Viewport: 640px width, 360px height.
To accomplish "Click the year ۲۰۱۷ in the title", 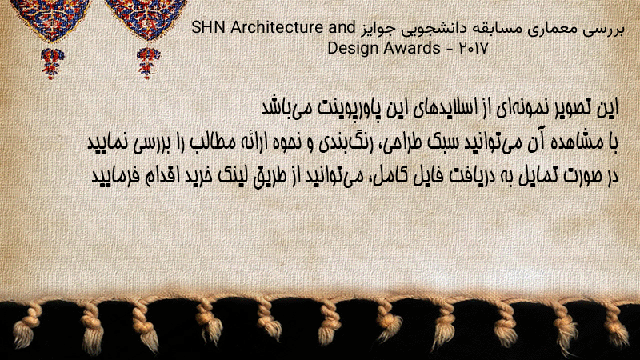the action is click(x=474, y=49).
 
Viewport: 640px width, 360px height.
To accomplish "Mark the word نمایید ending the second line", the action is click(x=108, y=142).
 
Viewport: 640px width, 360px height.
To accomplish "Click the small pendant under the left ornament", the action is click(x=52, y=63).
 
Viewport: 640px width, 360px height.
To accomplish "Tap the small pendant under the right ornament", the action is click(x=148, y=63).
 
